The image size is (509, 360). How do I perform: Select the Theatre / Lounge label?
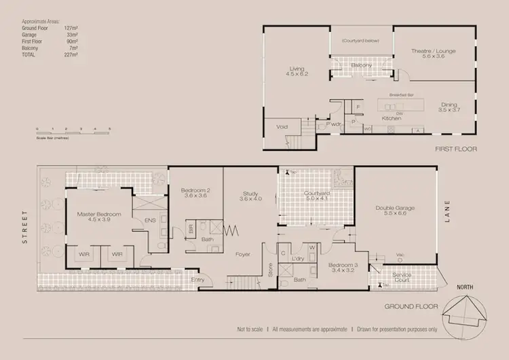click(x=428, y=54)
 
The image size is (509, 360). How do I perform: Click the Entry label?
click(x=197, y=279)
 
